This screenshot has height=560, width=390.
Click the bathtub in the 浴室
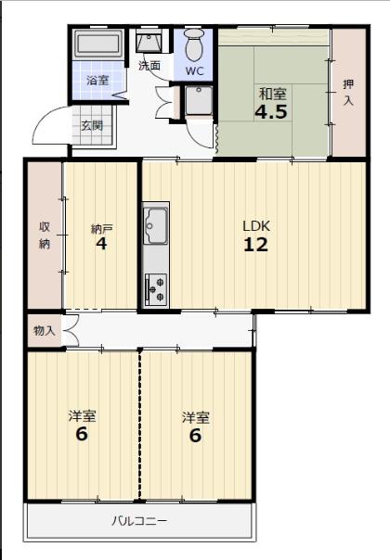[98, 45]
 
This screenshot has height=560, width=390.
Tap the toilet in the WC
[194, 45]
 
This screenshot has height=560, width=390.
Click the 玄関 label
[92, 126]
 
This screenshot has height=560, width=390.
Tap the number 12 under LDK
[256, 245]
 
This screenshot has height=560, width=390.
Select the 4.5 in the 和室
[271, 112]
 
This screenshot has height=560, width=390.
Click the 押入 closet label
[348, 92]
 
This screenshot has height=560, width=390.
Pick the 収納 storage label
[45, 235]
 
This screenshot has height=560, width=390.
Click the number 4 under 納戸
[101, 243]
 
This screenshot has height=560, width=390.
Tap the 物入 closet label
[45, 331]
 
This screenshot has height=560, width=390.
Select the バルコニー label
[139, 521]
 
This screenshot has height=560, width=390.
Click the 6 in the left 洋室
[82, 434]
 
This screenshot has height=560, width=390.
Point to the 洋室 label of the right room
[195, 417]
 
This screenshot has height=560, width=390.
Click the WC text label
[194, 70]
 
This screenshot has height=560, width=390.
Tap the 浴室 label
[97, 81]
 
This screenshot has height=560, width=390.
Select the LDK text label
[256, 226]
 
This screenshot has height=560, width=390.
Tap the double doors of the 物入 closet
[71, 331]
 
